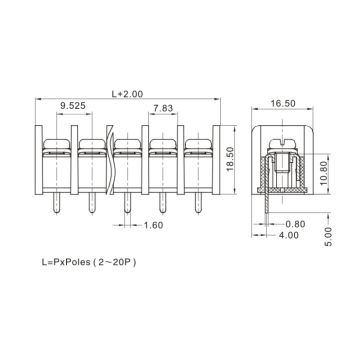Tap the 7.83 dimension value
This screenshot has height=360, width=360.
(x=164, y=109)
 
